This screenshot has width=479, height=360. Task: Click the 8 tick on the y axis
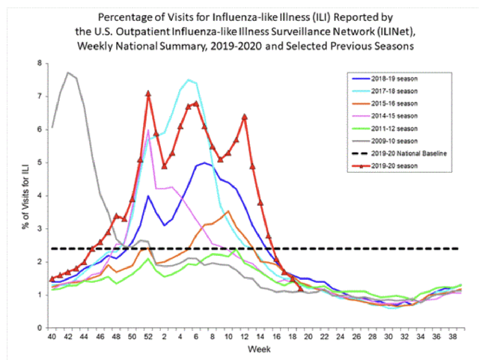pyautogui.click(x=39, y=63)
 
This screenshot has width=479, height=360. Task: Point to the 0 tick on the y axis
pyautogui.click(x=39, y=328)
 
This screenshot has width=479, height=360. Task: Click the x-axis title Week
pyautogui.click(x=255, y=350)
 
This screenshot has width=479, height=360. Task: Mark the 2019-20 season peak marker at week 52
pyautogui.click(x=148, y=94)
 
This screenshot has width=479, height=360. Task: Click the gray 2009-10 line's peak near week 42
pyautogui.click(x=68, y=73)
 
